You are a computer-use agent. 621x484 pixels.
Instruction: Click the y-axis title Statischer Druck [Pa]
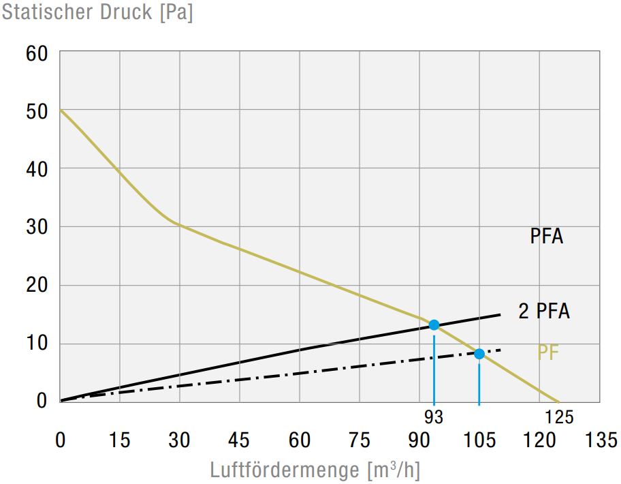[97, 13]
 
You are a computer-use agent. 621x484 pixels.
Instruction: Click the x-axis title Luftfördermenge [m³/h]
[314, 470]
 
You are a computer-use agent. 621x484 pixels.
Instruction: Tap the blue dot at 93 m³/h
[434, 324]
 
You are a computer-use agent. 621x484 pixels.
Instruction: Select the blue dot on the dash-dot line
[479, 353]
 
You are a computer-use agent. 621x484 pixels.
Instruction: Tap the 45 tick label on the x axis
[239, 440]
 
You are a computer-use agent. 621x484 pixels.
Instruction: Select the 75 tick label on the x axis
[359, 440]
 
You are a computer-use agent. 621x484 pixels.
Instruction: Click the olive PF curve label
[548, 353]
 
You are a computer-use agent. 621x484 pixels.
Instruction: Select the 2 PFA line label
[543, 312]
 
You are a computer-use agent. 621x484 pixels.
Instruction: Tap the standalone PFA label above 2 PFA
[547, 237]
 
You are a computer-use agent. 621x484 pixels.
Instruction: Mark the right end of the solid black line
[500, 314]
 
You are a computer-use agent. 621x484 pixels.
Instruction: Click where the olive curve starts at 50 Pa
[61, 110]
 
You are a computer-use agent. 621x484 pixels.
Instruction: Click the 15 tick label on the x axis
[119, 440]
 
